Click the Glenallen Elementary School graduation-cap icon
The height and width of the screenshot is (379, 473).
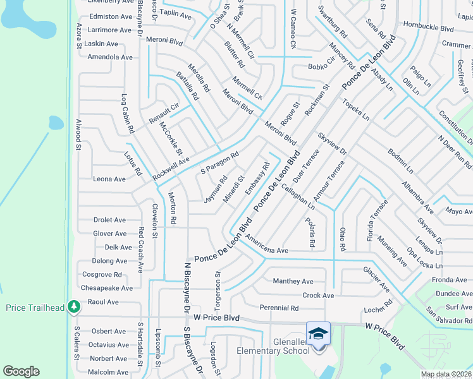coord(318,333)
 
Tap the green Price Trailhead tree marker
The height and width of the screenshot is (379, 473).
coord(75,307)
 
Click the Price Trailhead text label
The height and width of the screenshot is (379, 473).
coord(35,308)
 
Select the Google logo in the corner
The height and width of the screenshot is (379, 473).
coord(21,371)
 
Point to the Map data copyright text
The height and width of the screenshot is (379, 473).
coord(446,374)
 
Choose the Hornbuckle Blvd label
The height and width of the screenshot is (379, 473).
coord(429,28)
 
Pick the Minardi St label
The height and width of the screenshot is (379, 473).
coord(234,189)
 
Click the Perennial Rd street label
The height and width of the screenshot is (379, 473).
coord(279,308)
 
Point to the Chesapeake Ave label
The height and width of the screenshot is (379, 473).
coord(107,288)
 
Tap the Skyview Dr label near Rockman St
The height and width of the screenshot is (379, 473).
coord(333,145)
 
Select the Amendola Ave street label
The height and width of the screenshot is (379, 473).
coord(110,57)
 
